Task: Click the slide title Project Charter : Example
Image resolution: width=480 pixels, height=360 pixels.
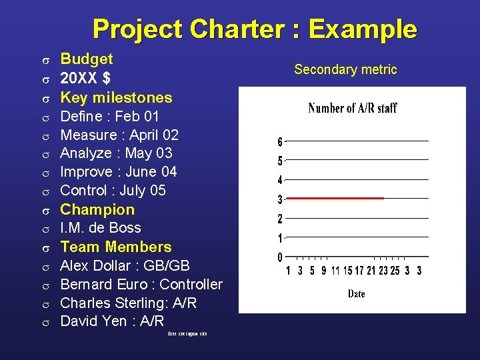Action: click(255, 29)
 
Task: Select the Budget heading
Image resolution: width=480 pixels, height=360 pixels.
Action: click(87, 59)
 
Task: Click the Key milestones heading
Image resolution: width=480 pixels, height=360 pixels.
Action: click(116, 97)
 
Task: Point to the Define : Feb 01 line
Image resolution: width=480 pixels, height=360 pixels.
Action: click(109, 116)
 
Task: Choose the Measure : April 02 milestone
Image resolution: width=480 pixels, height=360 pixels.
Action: click(119, 135)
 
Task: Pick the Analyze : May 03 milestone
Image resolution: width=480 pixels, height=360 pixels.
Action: click(116, 153)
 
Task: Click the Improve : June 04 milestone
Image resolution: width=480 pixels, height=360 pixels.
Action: click(119, 172)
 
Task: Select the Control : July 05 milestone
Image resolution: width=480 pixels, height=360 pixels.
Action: click(113, 191)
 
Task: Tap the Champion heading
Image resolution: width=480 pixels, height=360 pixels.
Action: click(97, 209)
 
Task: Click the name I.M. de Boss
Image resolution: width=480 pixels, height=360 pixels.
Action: click(101, 228)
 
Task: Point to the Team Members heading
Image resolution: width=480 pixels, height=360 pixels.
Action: click(116, 247)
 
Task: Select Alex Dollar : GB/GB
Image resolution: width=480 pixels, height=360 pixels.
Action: click(125, 265)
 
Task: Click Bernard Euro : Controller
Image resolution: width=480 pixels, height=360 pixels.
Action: click(141, 284)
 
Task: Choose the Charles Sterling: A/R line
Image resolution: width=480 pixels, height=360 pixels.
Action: click(128, 303)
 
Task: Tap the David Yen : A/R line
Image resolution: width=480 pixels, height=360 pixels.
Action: click(112, 321)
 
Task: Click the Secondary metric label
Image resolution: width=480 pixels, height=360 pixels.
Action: click(345, 69)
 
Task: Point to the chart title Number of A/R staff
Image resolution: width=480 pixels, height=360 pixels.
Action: click(353, 108)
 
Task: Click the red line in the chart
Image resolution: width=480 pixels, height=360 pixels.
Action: click(335, 198)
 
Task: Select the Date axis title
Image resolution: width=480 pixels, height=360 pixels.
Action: click(356, 293)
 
